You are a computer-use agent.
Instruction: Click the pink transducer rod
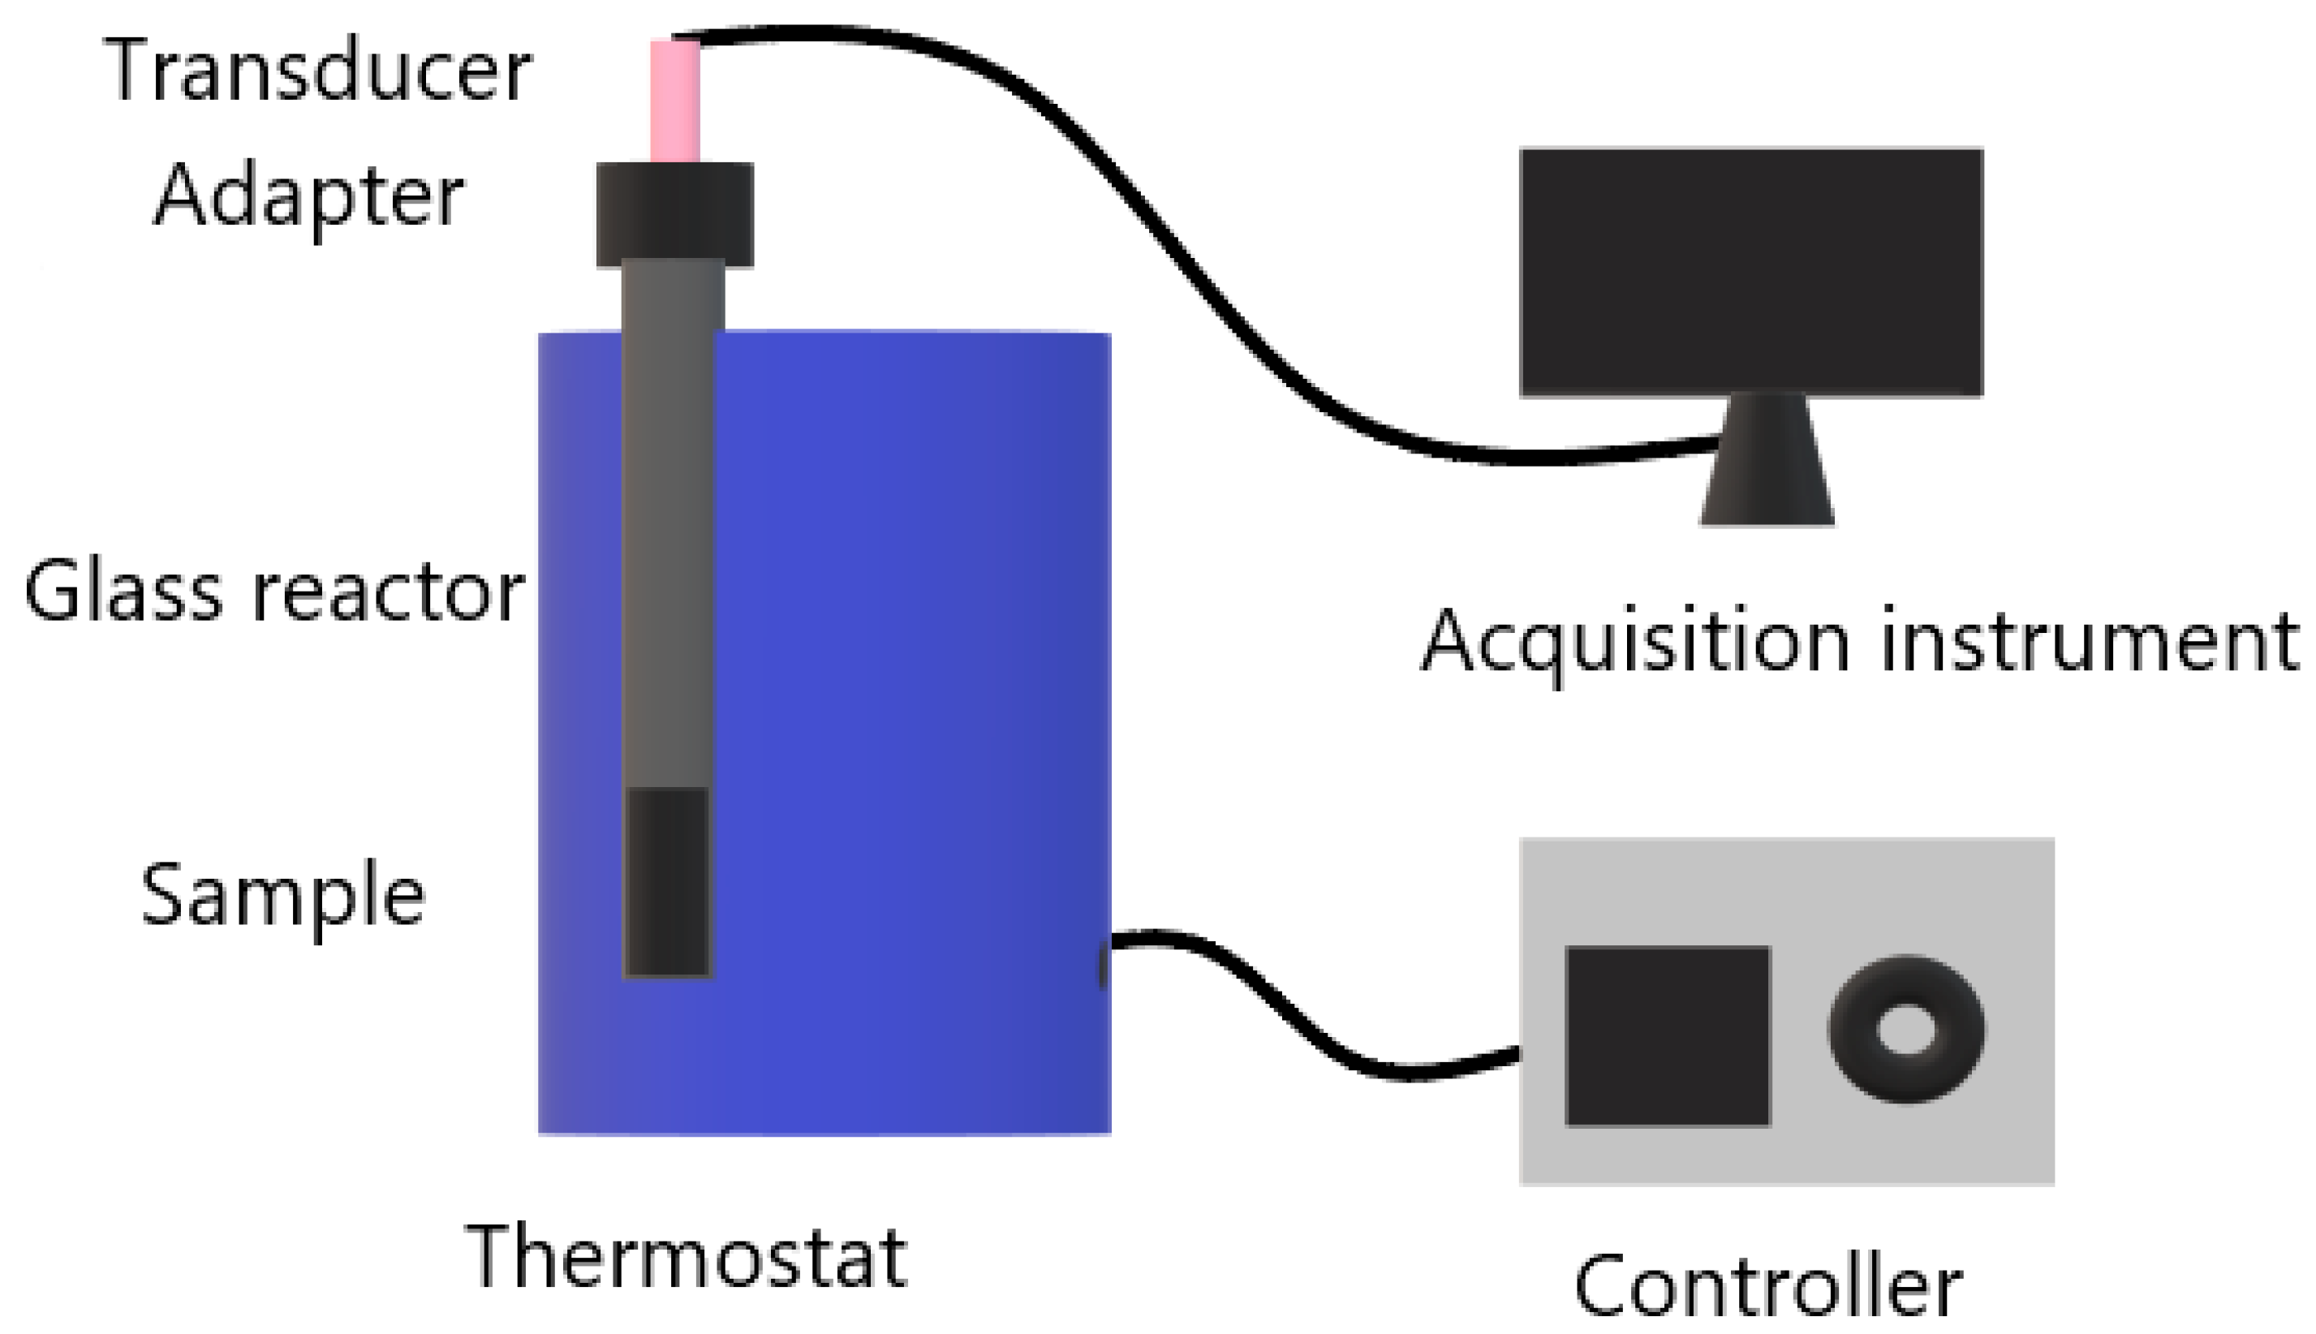675,101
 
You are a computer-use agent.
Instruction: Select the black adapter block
675,215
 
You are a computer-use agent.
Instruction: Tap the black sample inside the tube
667,882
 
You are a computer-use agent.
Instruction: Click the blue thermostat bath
916,733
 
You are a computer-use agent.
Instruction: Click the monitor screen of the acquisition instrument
1750,272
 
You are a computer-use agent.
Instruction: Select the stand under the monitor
1767,463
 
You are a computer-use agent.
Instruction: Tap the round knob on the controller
1906,1028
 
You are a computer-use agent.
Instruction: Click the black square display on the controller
1668,1035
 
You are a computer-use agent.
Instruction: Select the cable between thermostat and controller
1301,1017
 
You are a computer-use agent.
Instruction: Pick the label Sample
283,896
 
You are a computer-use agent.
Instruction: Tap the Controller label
1767,1287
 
